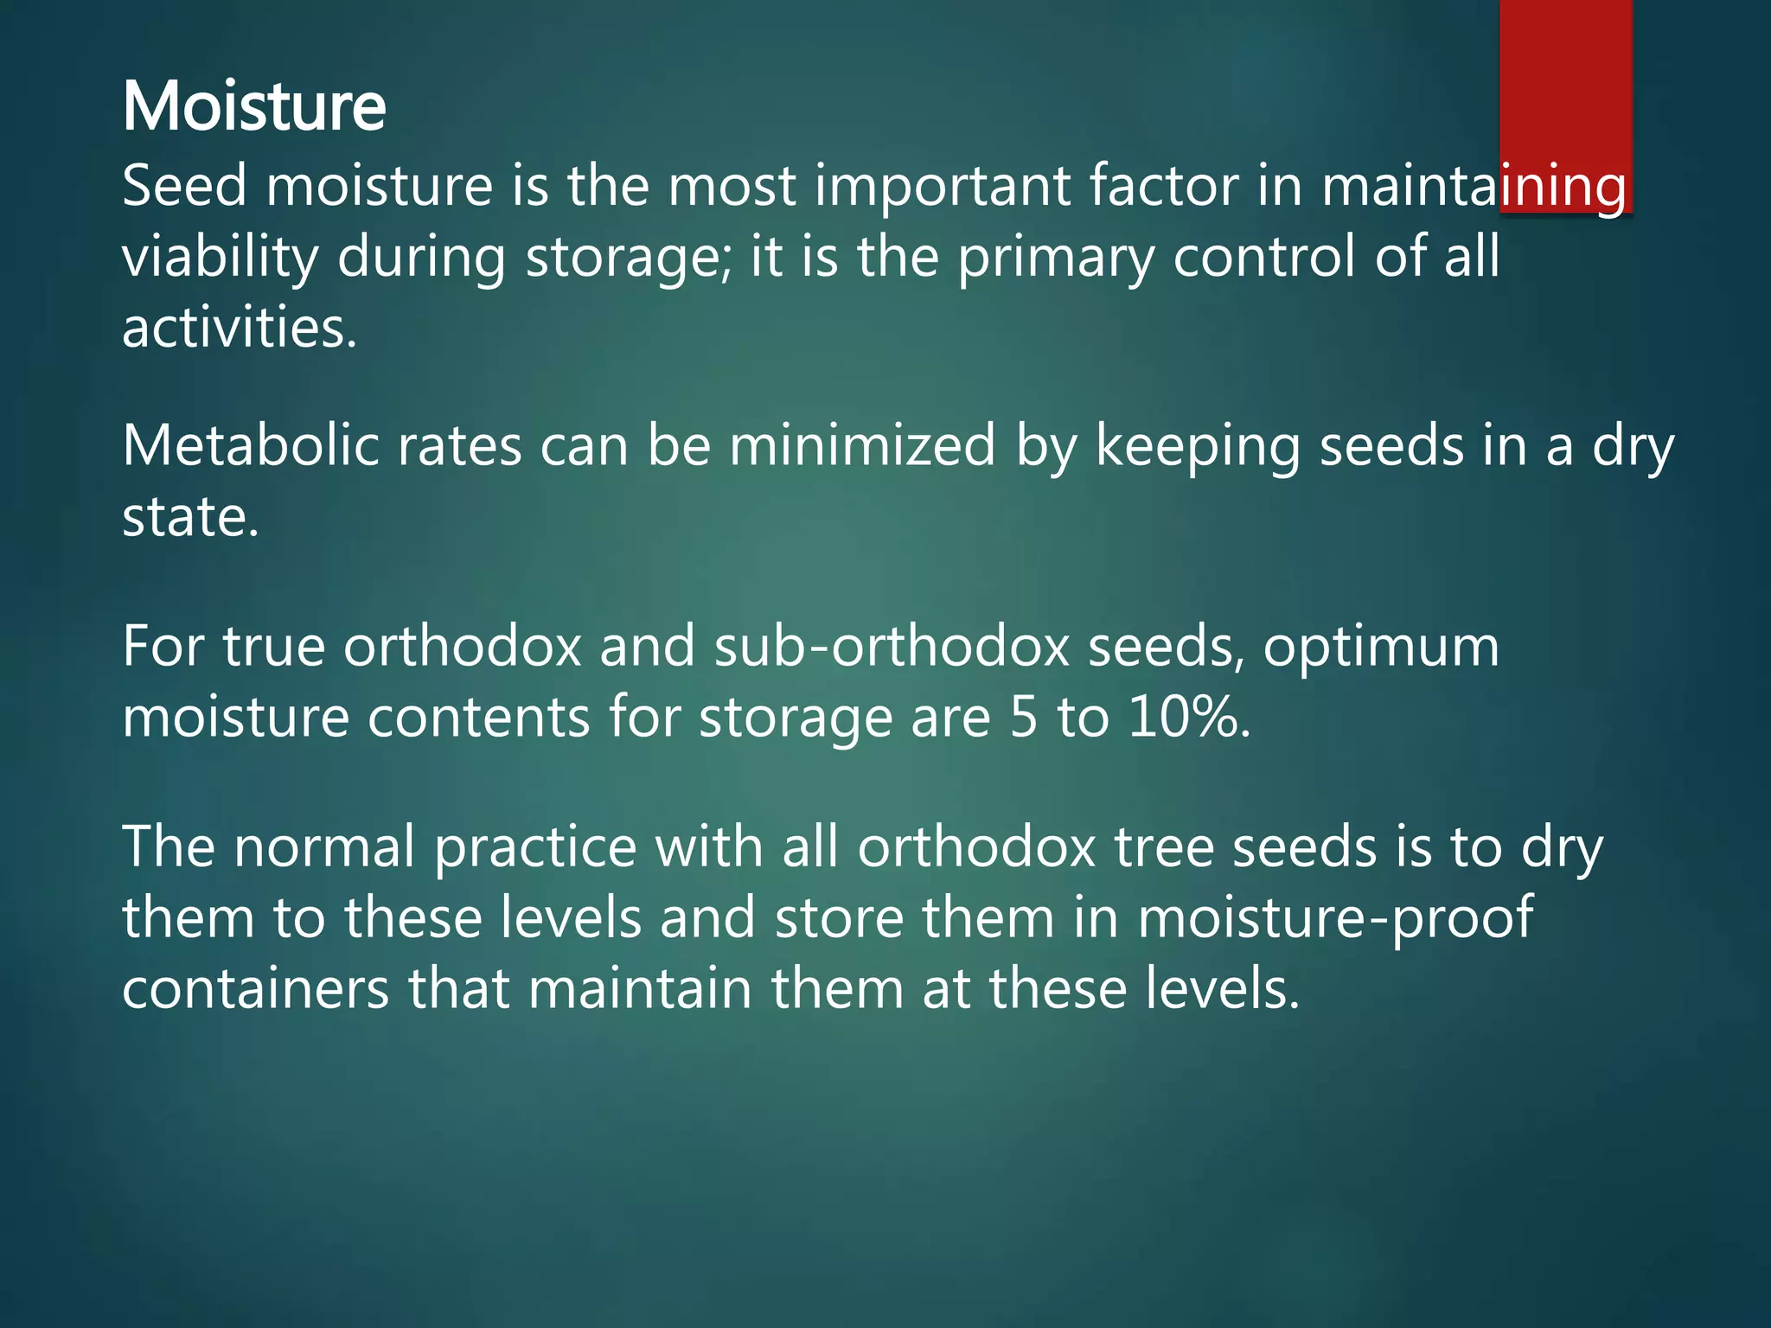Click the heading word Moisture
(x=253, y=106)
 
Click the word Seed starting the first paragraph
(x=184, y=186)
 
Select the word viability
(x=220, y=258)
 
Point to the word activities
(x=239, y=329)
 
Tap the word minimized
(x=862, y=446)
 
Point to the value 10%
(x=1188, y=718)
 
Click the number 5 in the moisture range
(x=1023, y=718)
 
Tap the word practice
(x=535, y=847)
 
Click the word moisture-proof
(x=1334, y=918)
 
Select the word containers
(x=255, y=989)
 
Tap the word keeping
(x=1198, y=448)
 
